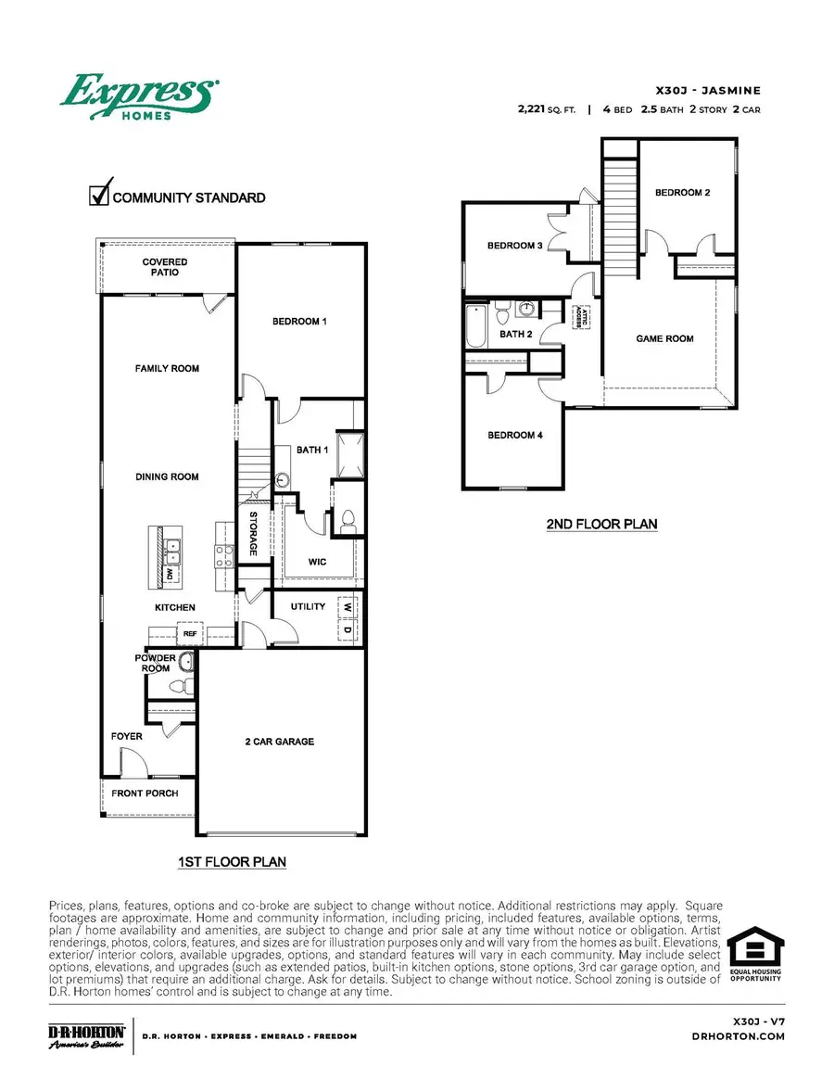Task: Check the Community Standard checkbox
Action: (99, 195)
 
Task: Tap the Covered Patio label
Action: (165, 268)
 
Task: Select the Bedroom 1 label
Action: (299, 322)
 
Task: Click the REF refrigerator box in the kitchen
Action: (189, 634)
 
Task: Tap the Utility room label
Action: (308, 607)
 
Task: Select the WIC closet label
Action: (318, 562)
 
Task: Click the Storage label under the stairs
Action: (253, 534)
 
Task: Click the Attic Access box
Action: (585, 317)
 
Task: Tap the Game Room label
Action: (664, 339)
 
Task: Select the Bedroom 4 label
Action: (514, 435)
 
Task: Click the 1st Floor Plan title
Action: (232, 862)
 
